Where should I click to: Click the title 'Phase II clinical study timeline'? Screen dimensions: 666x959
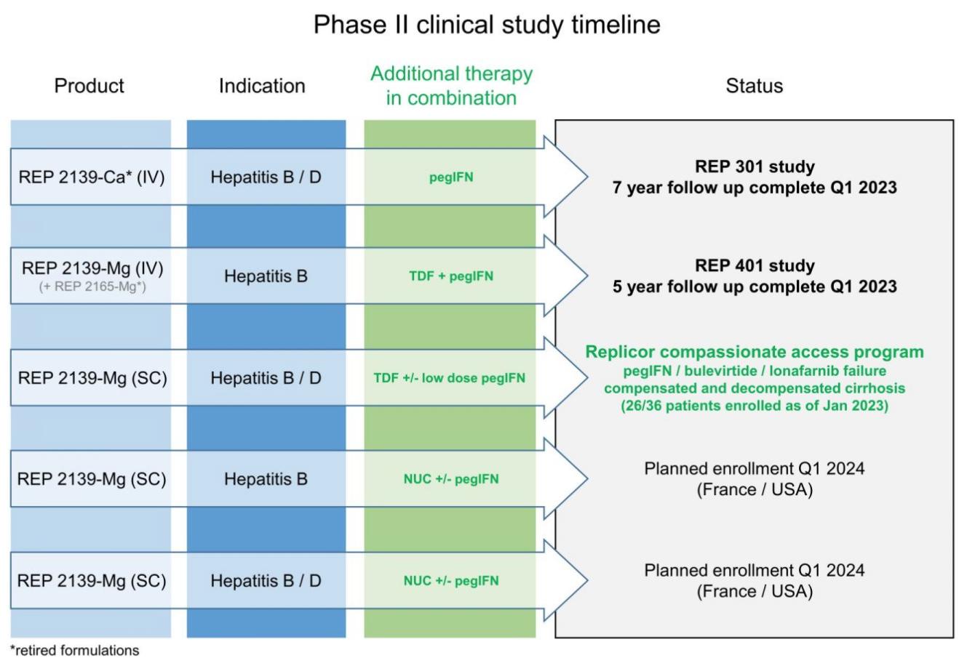tap(486, 25)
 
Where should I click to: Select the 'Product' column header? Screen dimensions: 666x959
tap(89, 86)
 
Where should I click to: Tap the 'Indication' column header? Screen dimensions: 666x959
tap(262, 86)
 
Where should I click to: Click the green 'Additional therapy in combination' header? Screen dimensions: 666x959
tap(451, 86)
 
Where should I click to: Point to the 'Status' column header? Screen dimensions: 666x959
tap(754, 86)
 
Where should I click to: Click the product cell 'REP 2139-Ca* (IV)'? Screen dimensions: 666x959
tap(92, 177)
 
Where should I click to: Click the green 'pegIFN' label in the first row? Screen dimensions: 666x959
tap(451, 177)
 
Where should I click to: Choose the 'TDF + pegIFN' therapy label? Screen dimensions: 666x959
tap(451, 276)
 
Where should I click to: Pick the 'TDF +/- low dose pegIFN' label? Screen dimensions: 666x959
tap(449, 378)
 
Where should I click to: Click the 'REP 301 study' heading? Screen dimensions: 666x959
tap(755, 166)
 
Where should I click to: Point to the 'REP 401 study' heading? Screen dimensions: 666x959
tap(755, 265)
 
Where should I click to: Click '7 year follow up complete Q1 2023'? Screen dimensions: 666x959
tap(755, 188)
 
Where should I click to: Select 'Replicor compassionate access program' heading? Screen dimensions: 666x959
tap(755, 352)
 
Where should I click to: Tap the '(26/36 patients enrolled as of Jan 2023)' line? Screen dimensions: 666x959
tap(755, 406)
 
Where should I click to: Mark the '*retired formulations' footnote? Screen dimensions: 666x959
tap(74, 650)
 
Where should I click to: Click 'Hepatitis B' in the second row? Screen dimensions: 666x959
tap(266, 276)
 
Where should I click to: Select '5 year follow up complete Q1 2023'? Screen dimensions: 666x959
tap(755, 286)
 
